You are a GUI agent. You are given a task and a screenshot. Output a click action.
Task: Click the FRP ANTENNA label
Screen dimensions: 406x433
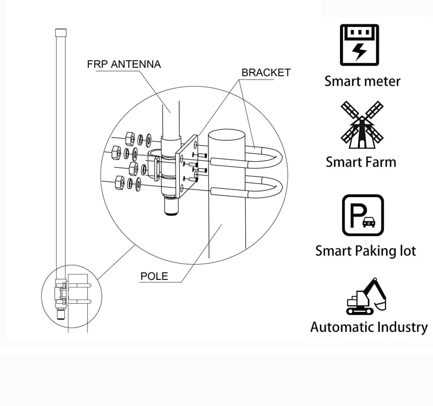coord(124,64)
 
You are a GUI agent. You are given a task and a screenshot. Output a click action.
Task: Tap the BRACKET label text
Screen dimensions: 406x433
coord(266,73)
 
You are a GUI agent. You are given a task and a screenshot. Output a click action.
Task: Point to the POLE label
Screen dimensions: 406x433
coord(154,276)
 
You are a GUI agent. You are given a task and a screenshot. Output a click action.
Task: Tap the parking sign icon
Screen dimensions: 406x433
coord(363,215)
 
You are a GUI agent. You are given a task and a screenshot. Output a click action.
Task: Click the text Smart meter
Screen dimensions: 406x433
coord(362,82)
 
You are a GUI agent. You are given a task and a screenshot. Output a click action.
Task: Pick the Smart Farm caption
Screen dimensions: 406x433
coord(361,162)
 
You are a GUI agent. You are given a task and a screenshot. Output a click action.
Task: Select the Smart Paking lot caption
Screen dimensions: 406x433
coord(365,251)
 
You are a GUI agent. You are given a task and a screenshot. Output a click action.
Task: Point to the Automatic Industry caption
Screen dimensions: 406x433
coord(369,327)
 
